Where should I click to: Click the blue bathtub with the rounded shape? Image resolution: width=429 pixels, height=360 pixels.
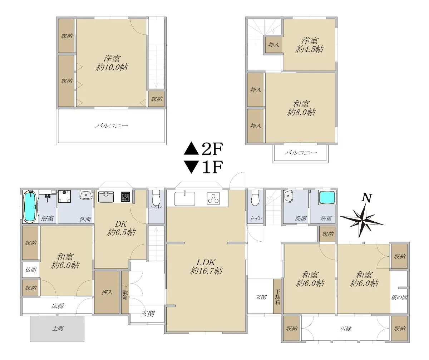[31, 206]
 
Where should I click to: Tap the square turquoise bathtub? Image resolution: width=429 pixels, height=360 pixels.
[327, 197]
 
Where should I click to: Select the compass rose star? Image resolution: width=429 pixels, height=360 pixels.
[363, 221]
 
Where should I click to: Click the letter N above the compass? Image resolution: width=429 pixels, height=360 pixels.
[366, 198]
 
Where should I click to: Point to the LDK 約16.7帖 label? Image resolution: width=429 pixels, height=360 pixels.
[206, 266]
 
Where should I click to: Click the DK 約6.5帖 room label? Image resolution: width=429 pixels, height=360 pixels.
[121, 228]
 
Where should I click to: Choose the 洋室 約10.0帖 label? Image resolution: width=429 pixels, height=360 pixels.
[111, 63]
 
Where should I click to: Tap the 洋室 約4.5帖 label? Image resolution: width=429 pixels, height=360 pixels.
[310, 45]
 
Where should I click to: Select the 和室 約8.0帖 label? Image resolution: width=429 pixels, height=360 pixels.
[301, 108]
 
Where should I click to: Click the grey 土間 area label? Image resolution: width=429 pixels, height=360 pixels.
[58, 328]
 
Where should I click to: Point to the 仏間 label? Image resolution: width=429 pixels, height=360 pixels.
[31, 270]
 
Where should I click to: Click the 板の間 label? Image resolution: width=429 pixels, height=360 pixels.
[399, 297]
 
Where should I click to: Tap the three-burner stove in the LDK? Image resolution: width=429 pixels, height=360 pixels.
[213, 198]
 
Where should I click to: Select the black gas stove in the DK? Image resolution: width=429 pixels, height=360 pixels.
[125, 197]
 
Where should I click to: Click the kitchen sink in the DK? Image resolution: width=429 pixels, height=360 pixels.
[106, 197]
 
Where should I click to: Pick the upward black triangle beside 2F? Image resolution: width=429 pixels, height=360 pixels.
[191, 148]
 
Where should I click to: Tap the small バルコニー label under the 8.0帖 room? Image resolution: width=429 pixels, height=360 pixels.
[301, 153]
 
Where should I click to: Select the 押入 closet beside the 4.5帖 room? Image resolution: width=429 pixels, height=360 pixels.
[273, 45]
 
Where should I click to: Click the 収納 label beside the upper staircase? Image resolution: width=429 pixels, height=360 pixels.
[157, 99]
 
